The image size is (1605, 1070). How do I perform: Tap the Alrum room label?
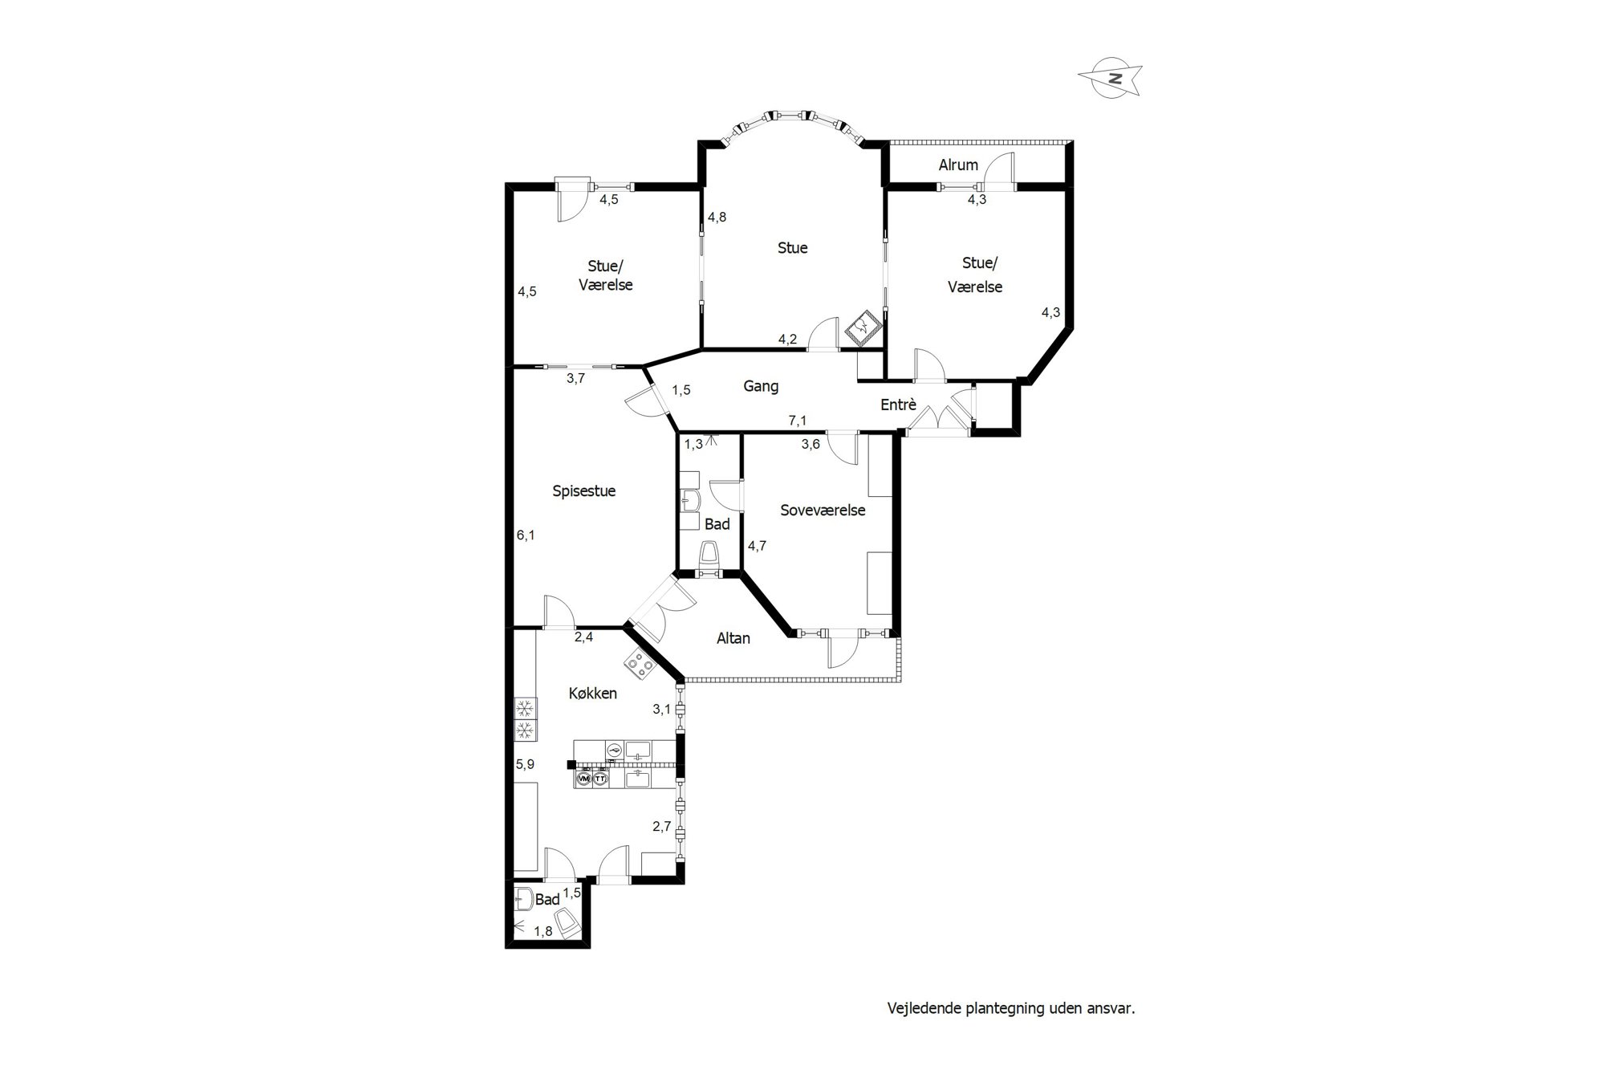958,165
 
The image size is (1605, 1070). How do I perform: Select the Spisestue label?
583,490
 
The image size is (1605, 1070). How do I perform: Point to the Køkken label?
592,693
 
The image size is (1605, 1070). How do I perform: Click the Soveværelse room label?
823,510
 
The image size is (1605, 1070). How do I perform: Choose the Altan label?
733,638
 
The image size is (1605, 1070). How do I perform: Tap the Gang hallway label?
761,386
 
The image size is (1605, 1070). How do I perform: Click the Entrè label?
898,405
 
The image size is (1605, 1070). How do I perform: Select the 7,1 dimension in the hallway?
797,421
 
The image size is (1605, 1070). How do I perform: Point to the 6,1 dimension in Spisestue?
526,535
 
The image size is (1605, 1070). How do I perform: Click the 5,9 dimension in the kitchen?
525,764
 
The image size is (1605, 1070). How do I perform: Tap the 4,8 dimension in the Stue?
717,217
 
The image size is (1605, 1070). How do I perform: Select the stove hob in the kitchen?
639,663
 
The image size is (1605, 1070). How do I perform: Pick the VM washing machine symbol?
583,779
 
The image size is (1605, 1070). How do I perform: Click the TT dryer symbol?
599,779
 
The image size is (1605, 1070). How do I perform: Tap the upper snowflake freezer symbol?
525,709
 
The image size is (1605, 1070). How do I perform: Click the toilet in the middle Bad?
709,555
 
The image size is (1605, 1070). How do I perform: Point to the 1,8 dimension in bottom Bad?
543,931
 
